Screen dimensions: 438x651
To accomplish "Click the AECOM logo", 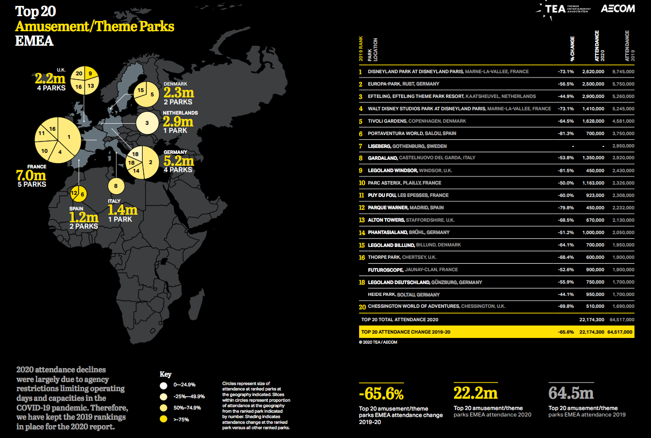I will click(x=617, y=9).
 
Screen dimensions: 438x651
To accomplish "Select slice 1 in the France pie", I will click(x=69, y=137).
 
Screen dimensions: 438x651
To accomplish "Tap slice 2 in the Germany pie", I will click(x=151, y=161).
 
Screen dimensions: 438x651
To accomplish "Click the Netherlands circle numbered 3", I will click(x=147, y=123).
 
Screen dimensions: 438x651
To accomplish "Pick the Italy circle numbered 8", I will click(x=115, y=186).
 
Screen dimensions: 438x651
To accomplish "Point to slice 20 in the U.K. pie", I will click(x=79, y=73).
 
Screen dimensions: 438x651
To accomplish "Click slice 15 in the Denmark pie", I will click(x=141, y=90).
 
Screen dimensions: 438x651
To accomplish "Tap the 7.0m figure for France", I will click(x=32, y=175).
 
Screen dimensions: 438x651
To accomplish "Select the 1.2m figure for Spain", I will click(x=83, y=217).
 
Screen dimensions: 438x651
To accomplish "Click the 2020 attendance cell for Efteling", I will click(x=593, y=96).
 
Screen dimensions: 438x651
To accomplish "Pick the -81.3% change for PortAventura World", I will click(x=565, y=133).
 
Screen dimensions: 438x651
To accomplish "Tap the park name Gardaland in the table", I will click(x=383, y=158).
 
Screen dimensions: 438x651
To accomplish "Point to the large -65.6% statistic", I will click(x=381, y=393).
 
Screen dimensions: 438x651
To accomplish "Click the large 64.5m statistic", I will click(x=571, y=393).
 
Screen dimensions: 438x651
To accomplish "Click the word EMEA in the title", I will click(x=34, y=41).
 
